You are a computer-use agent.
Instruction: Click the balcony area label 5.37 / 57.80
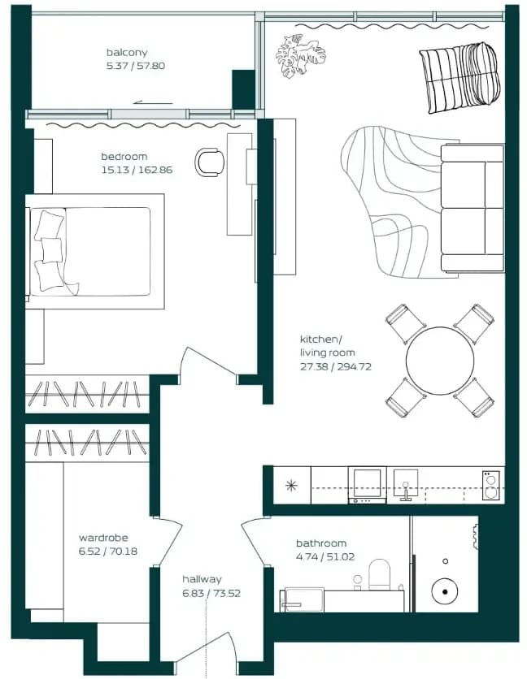coord(136,66)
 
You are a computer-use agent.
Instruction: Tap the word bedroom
coord(124,156)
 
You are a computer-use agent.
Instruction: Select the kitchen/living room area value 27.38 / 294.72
coord(336,366)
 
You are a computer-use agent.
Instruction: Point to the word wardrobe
coord(103,538)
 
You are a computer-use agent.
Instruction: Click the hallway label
coord(202,579)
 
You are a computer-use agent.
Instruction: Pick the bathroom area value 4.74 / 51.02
coord(325,556)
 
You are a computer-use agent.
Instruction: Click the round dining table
coord(440,361)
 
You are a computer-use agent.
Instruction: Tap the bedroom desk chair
coord(210,162)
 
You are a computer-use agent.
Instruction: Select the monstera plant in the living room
coord(300,55)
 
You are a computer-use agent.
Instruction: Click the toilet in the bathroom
coord(379,574)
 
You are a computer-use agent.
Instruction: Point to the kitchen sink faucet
coord(406,492)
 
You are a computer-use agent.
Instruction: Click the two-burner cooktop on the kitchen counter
coord(490,485)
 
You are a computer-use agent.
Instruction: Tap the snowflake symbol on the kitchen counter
coord(291,486)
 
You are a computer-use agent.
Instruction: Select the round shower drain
coord(445,591)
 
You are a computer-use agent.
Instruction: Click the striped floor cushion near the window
coord(460,77)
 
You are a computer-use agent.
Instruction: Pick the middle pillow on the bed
coord(52,250)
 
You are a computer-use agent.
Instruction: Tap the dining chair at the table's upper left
coord(405,323)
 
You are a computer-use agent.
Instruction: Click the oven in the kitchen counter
coord(368,485)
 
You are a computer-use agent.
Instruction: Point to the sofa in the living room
coord(472,208)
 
